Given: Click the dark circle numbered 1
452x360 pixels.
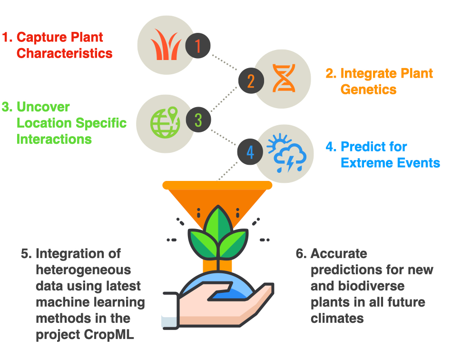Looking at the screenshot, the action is click(198, 46).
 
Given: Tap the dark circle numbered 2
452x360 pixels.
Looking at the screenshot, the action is click(251, 81).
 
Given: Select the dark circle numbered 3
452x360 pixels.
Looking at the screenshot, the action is click(198, 120).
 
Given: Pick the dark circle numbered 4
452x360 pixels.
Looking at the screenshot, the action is click(250, 152).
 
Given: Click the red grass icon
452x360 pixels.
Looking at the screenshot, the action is click(166, 44).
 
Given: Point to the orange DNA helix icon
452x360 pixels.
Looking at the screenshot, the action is click(284, 78).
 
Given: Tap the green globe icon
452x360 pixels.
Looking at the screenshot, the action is click(165, 122).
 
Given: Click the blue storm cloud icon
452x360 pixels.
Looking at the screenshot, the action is click(286, 153).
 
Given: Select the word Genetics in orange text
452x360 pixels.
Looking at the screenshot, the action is click(368, 90).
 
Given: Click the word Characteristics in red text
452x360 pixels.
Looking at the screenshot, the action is click(65, 53).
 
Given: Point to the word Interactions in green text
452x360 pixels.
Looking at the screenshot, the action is click(54, 140).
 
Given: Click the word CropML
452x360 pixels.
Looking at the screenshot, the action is click(109, 335).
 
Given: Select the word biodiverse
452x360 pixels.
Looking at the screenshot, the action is click(371, 286).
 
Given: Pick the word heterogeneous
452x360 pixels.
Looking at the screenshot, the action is click(83, 270).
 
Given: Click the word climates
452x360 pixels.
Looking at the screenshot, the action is click(337, 319).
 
